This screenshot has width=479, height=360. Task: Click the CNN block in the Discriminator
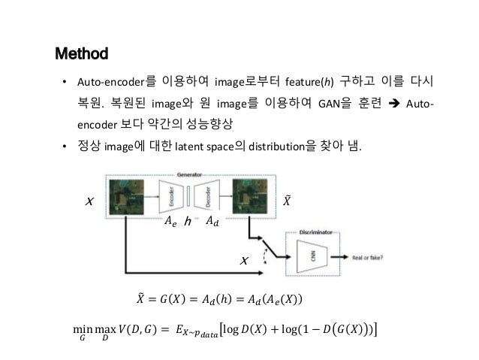click(311, 256)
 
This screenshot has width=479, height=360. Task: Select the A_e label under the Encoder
click(170, 222)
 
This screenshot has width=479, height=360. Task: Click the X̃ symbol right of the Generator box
click(286, 201)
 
